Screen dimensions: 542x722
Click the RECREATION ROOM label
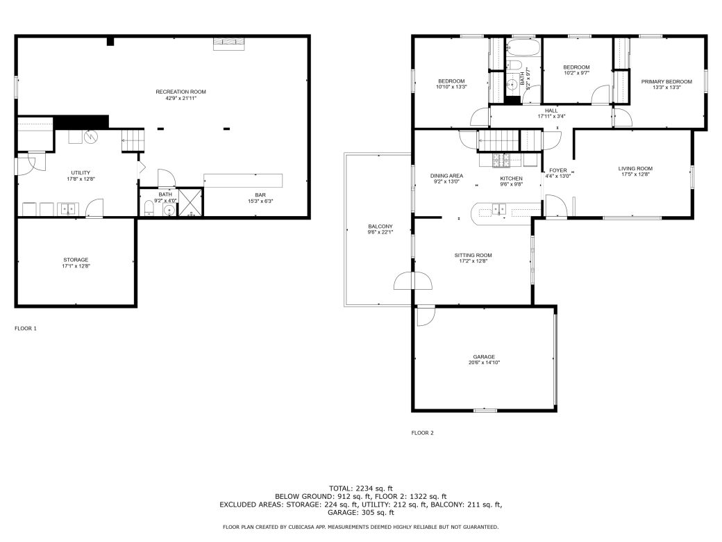click(180, 92)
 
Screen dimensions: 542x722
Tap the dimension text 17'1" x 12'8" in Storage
click(76, 266)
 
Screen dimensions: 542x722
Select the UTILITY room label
click(81, 172)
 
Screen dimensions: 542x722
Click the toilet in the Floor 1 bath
click(149, 208)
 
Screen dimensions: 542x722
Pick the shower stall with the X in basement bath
click(188, 203)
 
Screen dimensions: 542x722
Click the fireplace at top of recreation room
click(228, 44)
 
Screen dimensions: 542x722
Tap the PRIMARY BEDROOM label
click(666, 81)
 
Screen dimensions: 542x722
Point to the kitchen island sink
click(500, 208)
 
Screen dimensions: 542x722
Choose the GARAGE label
click(484, 356)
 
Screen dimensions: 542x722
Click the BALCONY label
click(380, 227)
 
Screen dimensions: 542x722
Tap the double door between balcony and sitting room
click(412, 281)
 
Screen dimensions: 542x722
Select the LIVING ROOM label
click(635, 168)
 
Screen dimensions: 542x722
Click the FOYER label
click(558, 170)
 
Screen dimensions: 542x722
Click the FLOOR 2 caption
click(422, 433)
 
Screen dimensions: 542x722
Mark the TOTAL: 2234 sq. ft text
click(361, 488)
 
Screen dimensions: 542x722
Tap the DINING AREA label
click(446, 176)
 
